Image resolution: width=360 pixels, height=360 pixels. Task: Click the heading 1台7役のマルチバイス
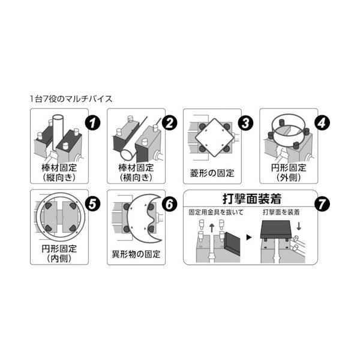pyautogui.click(x=71, y=97)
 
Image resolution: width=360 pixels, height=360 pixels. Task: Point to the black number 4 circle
pyautogui.click(x=323, y=124)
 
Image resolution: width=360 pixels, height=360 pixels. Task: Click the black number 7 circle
pyautogui.click(x=322, y=203)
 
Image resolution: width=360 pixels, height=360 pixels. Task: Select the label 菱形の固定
pyautogui.click(x=213, y=173)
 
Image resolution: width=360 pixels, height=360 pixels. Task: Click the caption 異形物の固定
pyautogui.click(x=136, y=254)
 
